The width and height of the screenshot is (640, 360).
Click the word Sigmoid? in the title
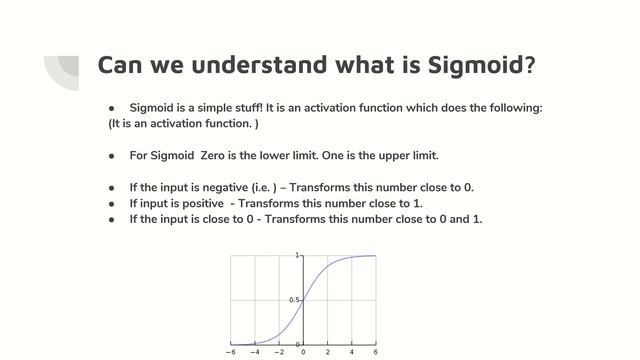[x=475, y=65]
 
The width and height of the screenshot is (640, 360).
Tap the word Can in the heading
[x=124, y=65]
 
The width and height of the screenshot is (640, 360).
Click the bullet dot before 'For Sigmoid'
[x=112, y=156]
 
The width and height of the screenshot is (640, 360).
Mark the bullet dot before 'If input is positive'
[x=112, y=204]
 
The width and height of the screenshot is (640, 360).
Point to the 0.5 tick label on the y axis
[x=294, y=300]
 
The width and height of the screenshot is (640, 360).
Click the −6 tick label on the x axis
[x=231, y=353]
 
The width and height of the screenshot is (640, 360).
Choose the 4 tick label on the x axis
[x=352, y=353]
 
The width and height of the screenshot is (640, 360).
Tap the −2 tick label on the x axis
[x=279, y=353]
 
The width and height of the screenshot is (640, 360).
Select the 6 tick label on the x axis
[x=376, y=353]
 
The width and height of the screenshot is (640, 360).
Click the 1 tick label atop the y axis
[x=297, y=256]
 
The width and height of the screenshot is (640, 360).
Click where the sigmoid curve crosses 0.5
[x=303, y=300]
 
